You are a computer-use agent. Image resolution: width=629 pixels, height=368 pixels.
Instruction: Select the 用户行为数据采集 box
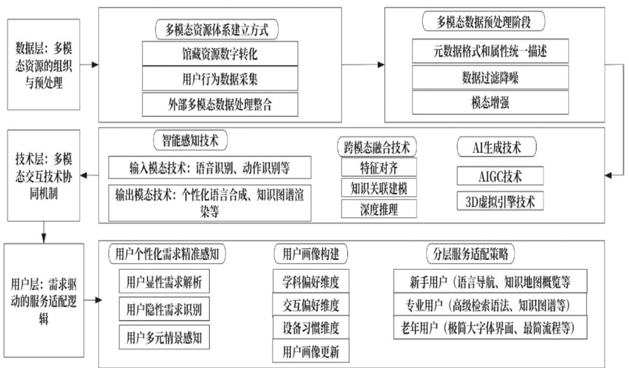point(220,80)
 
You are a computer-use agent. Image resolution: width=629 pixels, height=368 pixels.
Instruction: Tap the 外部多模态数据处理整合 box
point(220,105)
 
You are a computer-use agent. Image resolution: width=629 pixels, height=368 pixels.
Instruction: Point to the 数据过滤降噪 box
point(490,77)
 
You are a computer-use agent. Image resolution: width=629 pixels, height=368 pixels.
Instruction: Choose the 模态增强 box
point(490,103)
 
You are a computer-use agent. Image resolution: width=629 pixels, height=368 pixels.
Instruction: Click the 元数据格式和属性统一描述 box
point(490,51)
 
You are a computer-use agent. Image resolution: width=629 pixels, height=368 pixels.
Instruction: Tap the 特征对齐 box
point(379,168)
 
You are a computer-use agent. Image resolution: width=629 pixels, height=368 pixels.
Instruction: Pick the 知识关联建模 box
point(379,188)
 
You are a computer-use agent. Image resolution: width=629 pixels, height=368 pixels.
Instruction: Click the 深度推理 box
point(379,208)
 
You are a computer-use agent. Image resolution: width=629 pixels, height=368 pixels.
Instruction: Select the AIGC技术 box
point(500,175)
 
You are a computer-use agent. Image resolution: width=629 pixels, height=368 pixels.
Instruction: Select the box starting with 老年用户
point(490,328)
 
